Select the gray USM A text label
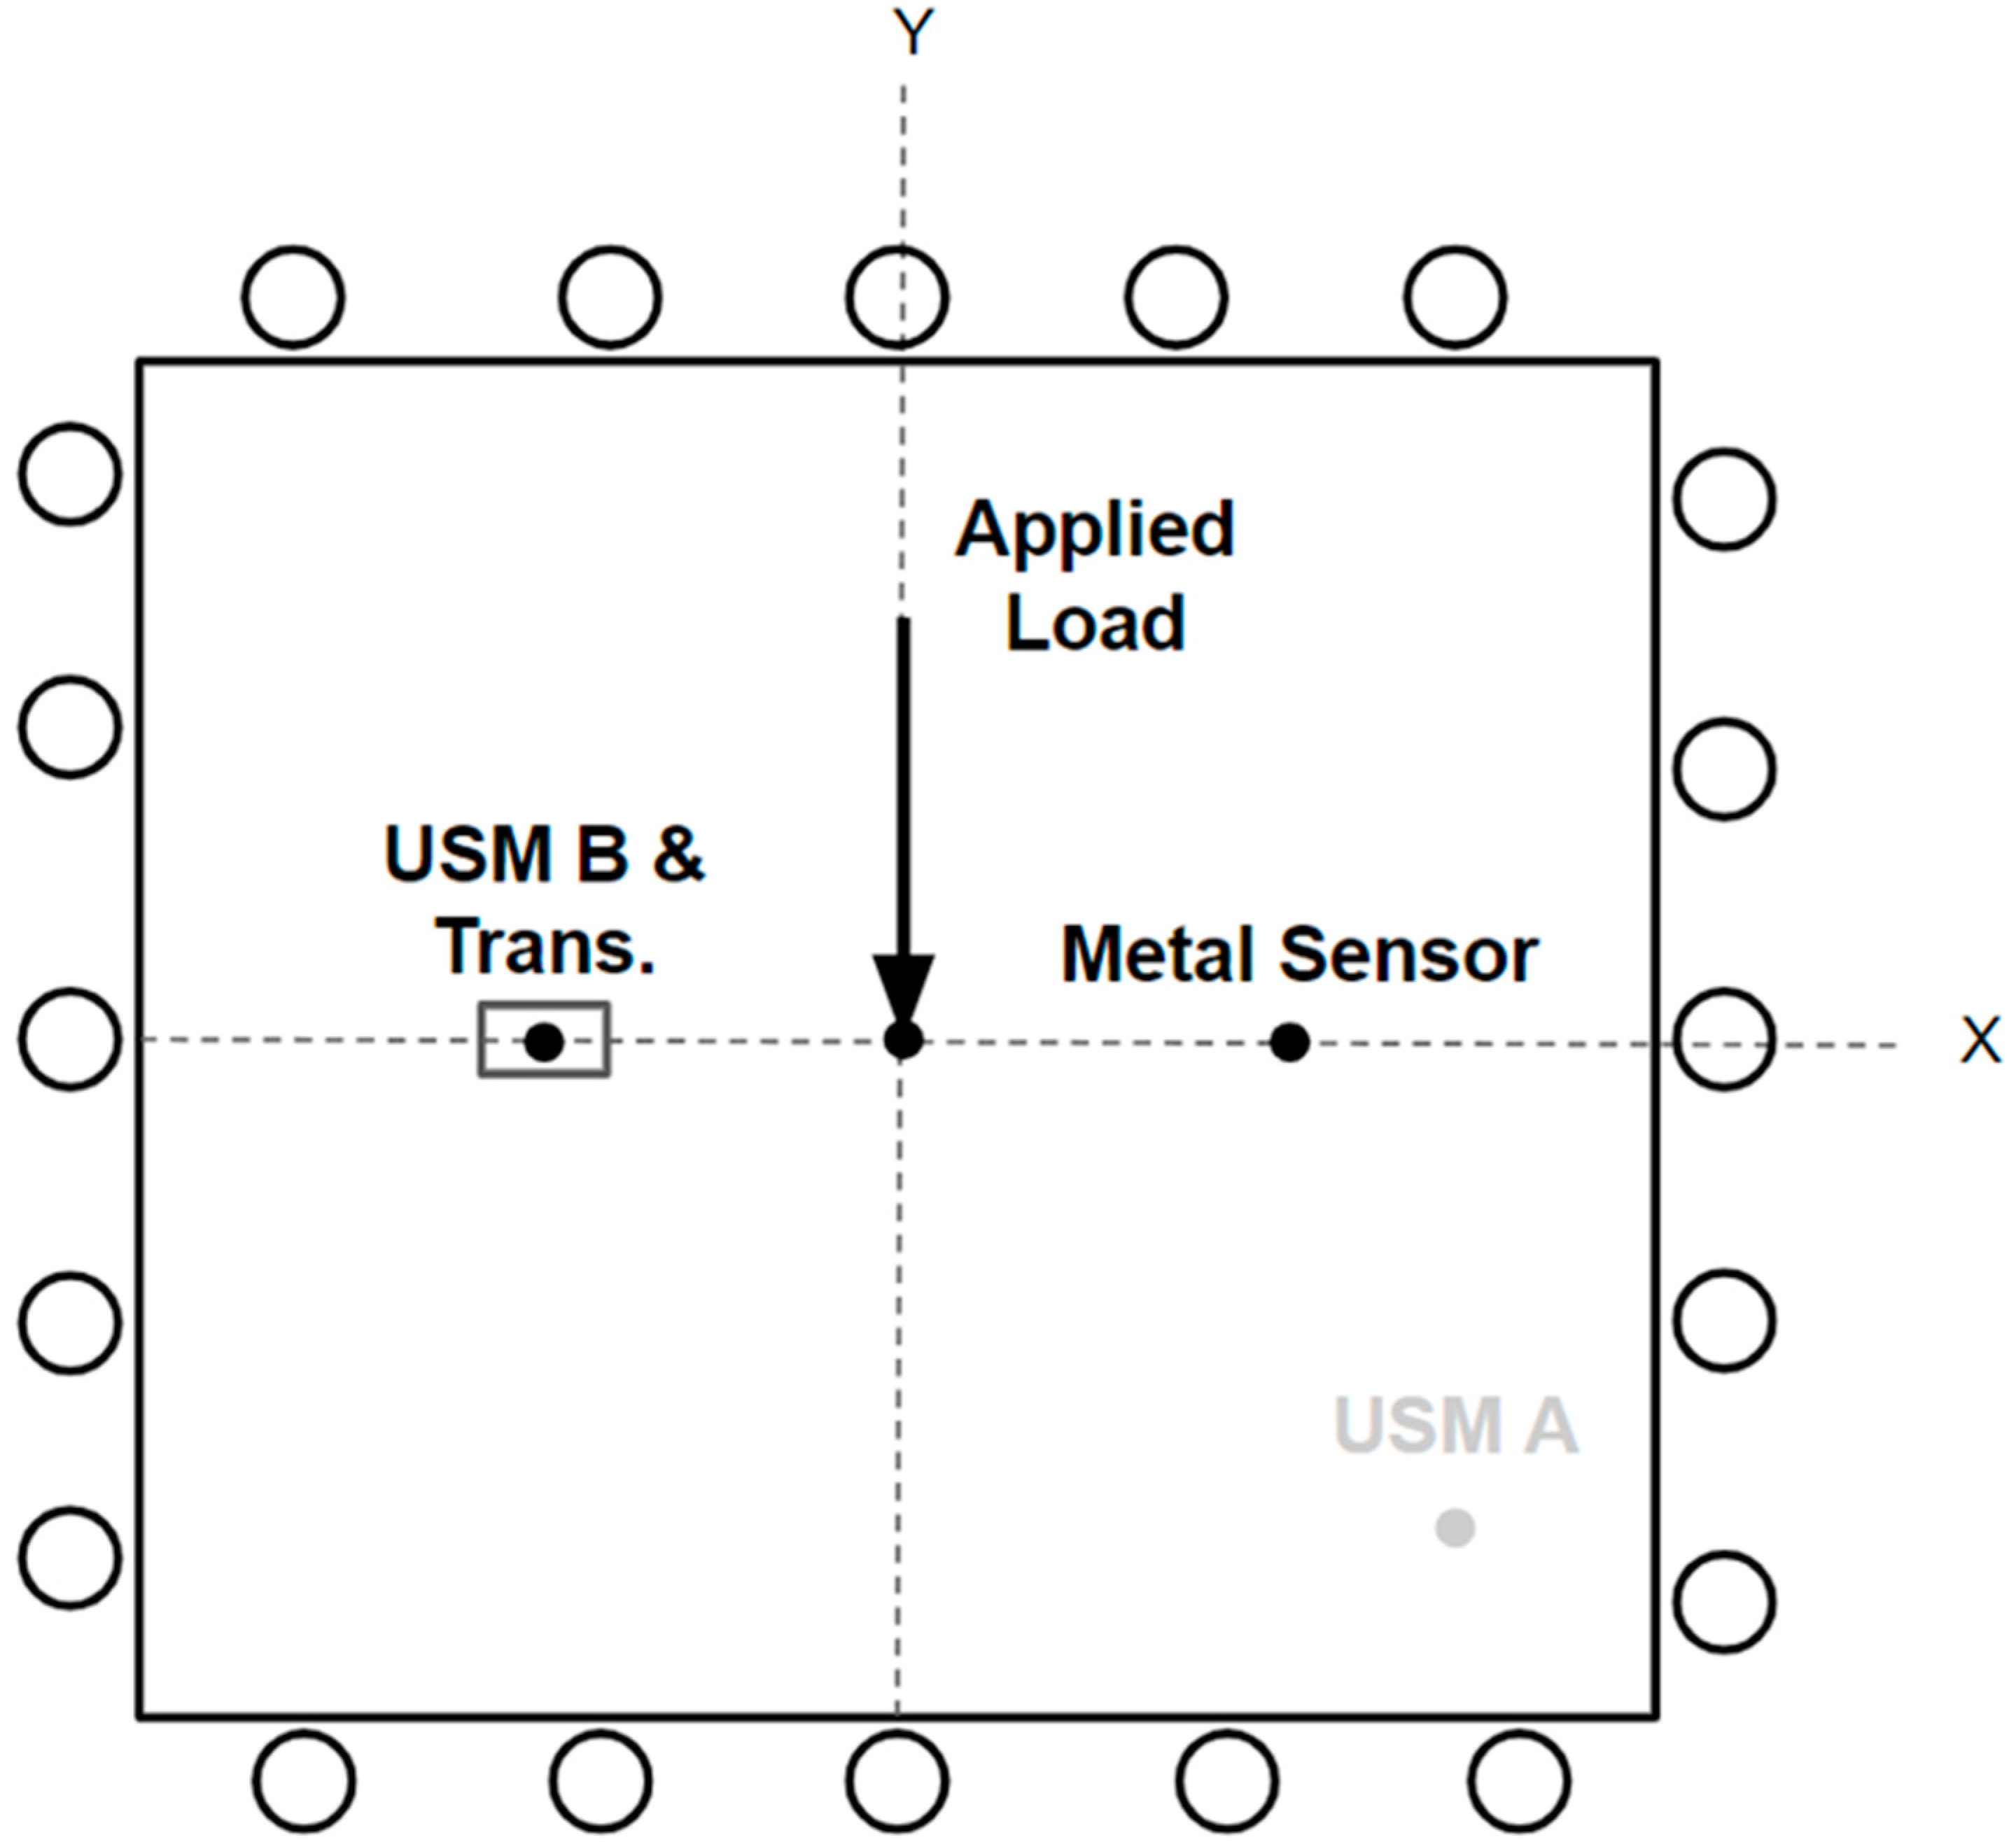(1455, 1426)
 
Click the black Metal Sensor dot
(1289, 1043)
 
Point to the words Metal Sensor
(1298, 955)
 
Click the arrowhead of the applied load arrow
(903, 988)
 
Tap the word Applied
(1095, 529)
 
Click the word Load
(1095, 624)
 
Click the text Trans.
(545, 946)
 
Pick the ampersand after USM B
(678, 854)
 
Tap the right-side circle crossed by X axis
(1723, 1039)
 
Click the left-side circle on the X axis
(70, 1039)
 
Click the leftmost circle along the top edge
(293, 296)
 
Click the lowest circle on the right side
(1723, 1602)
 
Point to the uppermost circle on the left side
(70, 473)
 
